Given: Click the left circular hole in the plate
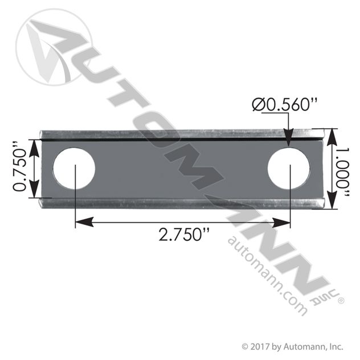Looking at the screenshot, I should tap(74, 169).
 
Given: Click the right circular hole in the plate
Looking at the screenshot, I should tap(289, 169).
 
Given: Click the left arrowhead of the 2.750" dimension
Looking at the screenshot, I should tap(80, 219).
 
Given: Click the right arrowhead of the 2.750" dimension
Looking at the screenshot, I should tap(284, 219).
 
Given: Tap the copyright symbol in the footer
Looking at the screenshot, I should tap(245, 346).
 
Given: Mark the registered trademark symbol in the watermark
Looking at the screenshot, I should tap(341, 296).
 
